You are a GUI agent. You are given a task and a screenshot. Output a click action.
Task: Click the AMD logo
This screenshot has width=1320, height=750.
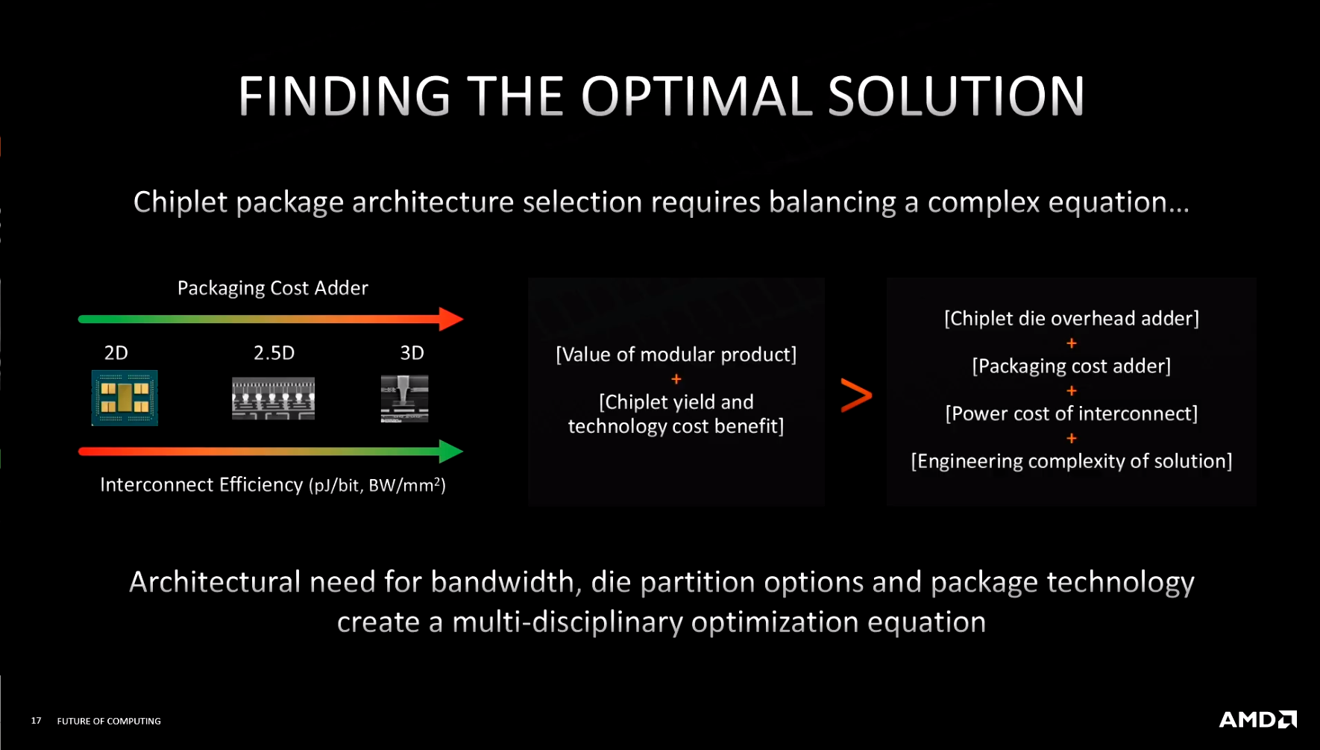(x=1257, y=719)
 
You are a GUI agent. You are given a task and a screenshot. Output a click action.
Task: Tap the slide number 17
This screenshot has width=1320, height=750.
(x=36, y=720)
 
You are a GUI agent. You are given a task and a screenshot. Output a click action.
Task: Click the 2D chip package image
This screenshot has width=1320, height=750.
(x=125, y=398)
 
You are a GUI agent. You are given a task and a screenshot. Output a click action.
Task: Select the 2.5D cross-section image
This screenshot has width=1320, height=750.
(x=273, y=399)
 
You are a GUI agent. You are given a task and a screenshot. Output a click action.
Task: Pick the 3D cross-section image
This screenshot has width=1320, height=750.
(x=404, y=399)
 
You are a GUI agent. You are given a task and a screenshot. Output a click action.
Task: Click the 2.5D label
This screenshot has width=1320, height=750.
(x=274, y=352)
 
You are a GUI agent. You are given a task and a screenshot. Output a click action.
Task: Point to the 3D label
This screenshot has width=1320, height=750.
(x=412, y=352)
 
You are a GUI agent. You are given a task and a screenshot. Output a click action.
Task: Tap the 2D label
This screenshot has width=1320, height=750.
(x=116, y=352)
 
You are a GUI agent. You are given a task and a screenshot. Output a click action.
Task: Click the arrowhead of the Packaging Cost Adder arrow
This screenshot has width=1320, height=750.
(x=451, y=319)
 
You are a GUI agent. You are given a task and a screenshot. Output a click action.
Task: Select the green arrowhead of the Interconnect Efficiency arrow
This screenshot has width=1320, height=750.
(x=451, y=451)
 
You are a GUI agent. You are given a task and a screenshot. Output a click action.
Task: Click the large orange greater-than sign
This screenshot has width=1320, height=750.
(x=856, y=395)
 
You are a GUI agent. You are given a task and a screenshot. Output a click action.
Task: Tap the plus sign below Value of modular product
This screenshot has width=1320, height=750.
(x=676, y=379)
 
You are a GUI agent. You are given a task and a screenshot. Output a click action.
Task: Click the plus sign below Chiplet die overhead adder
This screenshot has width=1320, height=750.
(x=1072, y=343)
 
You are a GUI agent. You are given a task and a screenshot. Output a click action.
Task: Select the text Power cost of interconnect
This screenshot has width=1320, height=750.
(x=1072, y=413)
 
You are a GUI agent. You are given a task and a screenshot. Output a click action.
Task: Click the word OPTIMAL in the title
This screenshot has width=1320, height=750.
(x=696, y=96)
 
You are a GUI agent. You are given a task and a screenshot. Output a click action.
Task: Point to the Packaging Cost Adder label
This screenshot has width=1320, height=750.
(x=273, y=288)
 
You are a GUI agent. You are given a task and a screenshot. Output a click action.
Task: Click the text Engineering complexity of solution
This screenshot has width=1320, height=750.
(x=1072, y=461)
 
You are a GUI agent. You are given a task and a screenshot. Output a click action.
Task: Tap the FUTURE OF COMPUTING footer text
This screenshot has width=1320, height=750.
(x=109, y=721)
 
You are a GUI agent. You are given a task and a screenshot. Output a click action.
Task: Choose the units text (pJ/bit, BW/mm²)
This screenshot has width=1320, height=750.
(x=377, y=485)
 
